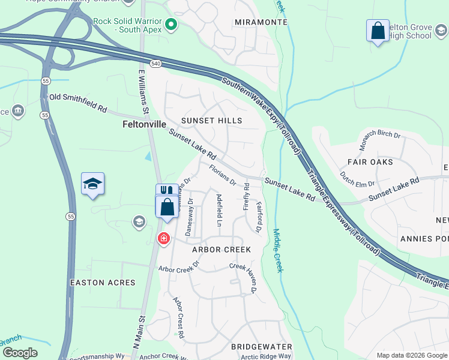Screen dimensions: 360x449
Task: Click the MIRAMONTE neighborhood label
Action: [261, 22]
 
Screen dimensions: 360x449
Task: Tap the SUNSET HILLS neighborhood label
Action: [212, 121]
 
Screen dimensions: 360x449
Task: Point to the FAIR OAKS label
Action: [370, 162]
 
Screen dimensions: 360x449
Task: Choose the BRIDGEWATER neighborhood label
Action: [262, 347]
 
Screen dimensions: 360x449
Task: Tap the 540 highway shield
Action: [156, 63]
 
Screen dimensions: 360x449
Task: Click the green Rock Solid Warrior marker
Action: [171, 25]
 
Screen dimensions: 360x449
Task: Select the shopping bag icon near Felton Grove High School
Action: [378, 31]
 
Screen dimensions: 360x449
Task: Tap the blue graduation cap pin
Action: [92, 183]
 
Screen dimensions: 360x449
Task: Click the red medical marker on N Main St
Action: [163, 239]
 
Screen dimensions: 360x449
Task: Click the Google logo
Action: [20, 353]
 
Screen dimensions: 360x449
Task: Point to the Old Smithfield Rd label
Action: [78, 103]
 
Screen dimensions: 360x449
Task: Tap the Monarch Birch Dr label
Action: [380, 142]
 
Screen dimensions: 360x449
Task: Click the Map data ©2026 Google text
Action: [412, 355]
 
